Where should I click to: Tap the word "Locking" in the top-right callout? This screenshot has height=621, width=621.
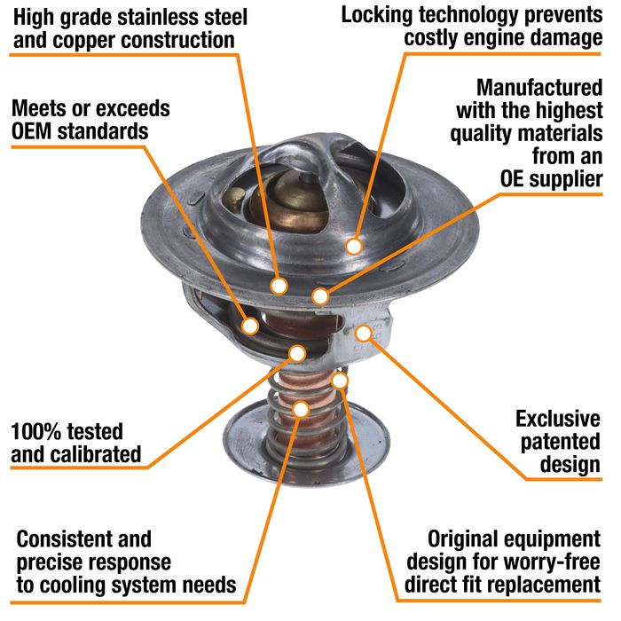tap(379, 14)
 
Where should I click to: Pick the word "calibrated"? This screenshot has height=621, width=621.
tap(92, 455)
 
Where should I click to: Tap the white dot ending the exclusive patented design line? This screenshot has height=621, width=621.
tap(364, 333)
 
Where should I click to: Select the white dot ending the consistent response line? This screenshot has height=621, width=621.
tap(302, 409)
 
